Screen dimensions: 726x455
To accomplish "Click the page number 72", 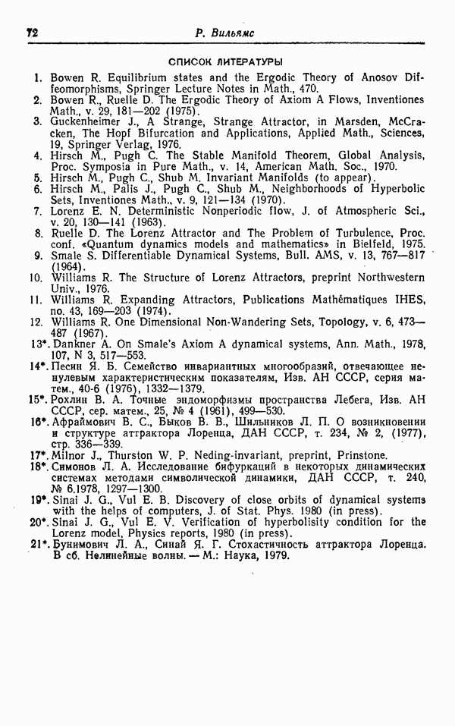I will click(x=32, y=33).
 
